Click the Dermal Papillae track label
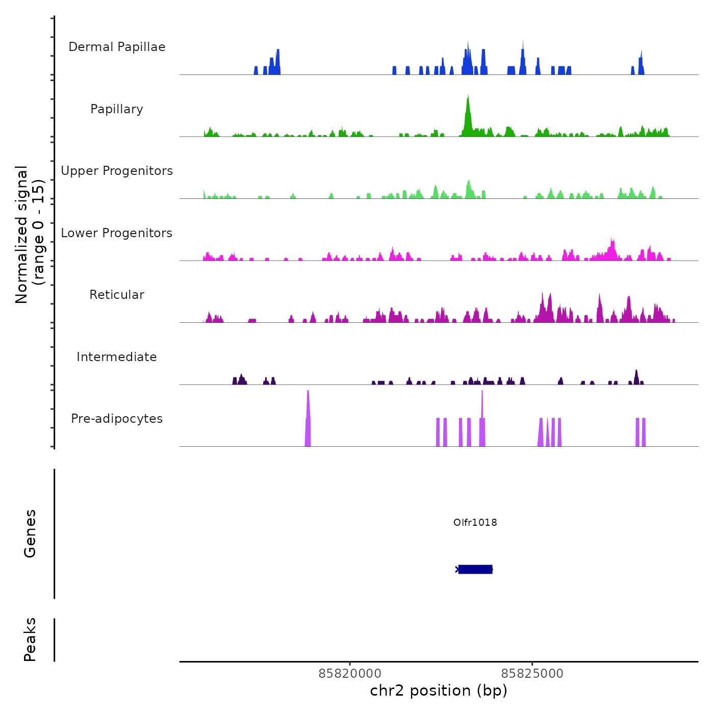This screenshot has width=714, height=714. (117, 47)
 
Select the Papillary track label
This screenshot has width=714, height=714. (117, 109)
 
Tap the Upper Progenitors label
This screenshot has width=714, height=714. (117, 171)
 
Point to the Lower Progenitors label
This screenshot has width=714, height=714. (117, 233)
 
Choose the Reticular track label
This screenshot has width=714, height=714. (117, 295)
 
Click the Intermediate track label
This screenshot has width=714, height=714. (117, 357)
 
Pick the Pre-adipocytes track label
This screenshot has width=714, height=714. (117, 419)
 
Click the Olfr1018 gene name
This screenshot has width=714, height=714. (475, 522)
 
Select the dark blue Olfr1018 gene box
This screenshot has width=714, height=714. (475, 569)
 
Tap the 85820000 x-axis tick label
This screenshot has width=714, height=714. (350, 674)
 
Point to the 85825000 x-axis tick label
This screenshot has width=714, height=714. (532, 674)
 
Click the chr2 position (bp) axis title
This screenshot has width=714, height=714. (439, 691)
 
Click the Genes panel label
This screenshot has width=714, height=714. (30, 533)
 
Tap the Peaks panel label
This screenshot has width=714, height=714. (30, 640)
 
